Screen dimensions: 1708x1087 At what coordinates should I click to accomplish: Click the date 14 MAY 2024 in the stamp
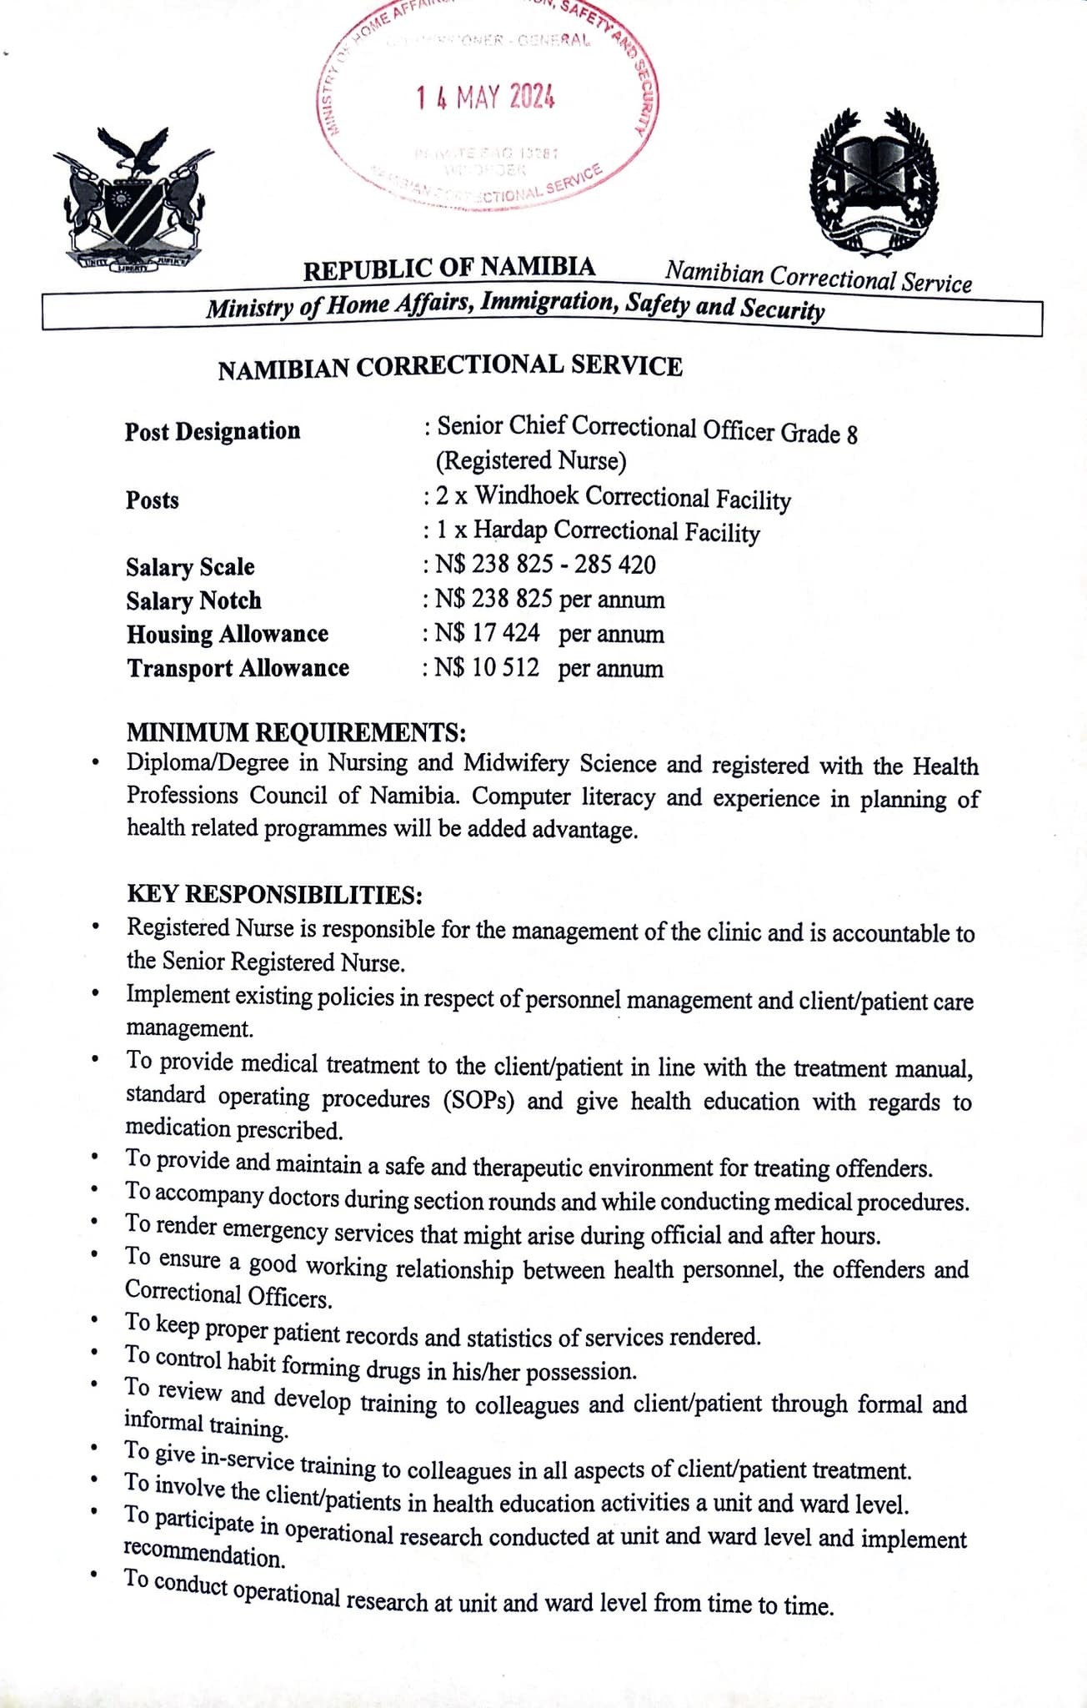click(x=485, y=98)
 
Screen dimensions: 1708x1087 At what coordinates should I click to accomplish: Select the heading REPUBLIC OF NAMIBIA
click(x=448, y=269)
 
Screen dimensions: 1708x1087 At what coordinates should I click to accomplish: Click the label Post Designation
click(x=213, y=431)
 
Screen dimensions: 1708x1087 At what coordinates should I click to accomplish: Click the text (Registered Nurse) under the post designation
click(x=531, y=461)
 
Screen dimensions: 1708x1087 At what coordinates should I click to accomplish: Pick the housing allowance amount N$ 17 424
click(x=487, y=634)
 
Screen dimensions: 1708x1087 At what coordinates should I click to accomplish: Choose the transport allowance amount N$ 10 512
click(x=487, y=668)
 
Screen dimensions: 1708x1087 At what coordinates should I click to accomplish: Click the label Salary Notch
click(x=193, y=600)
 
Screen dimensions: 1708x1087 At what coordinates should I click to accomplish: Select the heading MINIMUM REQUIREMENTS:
click(x=296, y=732)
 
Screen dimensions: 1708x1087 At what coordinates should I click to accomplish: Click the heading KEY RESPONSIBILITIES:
click(x=274, y=895)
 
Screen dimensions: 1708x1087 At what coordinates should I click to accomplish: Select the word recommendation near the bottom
click(x=204, y=1556)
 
